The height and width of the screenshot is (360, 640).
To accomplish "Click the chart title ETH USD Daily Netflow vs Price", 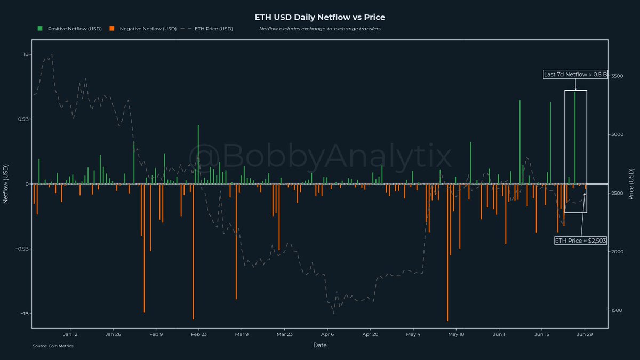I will coord(319,18).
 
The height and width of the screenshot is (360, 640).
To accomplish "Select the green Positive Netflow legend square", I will coord(39,28).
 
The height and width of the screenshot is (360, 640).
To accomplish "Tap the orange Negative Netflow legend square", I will coord(111,28).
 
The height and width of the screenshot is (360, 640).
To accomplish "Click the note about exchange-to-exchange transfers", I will coord(319,28).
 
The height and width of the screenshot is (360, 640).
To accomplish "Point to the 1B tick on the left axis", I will coord(26,54).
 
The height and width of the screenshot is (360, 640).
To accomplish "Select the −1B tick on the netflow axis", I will coord(25,314).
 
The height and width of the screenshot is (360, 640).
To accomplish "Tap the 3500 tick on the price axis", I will coord(617,76).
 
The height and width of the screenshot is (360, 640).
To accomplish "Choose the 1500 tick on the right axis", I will coord(617,310).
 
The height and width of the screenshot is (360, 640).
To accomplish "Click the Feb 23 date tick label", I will coord(199,335).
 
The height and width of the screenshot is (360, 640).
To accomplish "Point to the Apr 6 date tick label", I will coord(327,335).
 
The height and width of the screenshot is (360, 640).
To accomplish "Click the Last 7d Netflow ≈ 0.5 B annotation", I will coord(575,75).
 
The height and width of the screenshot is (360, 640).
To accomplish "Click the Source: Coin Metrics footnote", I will coord(53,346).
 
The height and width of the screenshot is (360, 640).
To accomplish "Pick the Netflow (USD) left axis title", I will coord(6,184).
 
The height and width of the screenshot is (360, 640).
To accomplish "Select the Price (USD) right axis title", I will coord(631,184).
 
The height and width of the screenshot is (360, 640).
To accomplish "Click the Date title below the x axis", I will coord(320,345).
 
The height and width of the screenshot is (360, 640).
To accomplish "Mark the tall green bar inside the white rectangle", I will coord(575,139).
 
